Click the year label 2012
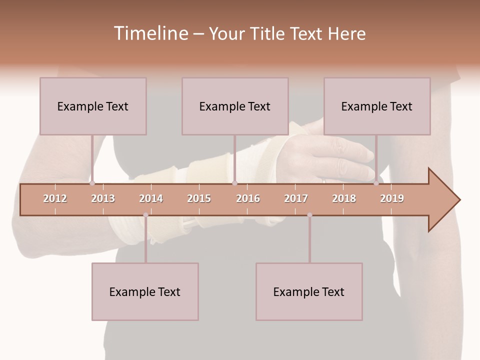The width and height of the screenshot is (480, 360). point(55,198)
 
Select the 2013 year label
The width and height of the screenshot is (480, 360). point(103,198)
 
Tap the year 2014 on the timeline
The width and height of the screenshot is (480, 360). point(151,198)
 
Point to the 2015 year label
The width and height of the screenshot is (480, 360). point(199,198)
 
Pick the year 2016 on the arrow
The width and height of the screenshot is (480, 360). point(248,198)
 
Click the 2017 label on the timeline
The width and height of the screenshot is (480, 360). point(296,198)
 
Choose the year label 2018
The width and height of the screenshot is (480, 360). point(344,198)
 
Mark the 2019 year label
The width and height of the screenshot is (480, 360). point(392,198)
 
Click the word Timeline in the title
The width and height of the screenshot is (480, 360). point(150,33)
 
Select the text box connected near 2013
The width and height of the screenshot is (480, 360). point(93,106)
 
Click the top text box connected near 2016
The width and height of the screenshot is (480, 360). point(235,106)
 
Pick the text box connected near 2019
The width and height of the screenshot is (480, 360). point(377,106)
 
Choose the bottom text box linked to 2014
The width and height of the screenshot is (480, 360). point(145,291)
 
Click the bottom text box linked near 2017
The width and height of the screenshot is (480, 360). point(309,291)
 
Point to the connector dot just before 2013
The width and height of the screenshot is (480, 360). point(92,183)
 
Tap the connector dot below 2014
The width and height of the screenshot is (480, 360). point(145,215)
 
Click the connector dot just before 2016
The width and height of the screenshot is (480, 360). point(234,183)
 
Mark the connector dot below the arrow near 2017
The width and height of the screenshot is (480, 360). point(309,215)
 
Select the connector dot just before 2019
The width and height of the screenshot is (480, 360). point(376,183)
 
